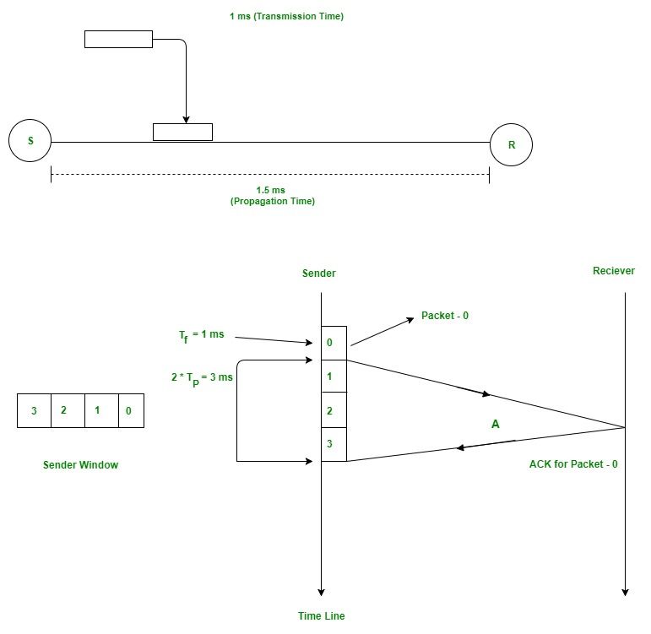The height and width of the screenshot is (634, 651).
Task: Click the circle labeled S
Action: pyautogui.click(x=30, y=141)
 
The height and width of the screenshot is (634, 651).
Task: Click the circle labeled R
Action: pyautogui.click(x=511, y=145)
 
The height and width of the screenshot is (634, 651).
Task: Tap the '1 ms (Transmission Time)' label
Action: pyautogui.click(x=286, y=16)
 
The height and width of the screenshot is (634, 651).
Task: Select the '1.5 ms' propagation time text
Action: pyautogui.click(x=272, y=191)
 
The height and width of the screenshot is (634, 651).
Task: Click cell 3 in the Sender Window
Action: pyautogui.click(x=34, y=411)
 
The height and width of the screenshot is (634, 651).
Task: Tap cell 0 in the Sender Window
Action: pyautogui.click(x=131, y=411)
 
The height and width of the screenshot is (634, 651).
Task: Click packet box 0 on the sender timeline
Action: pyautogui.click(x=334, y=344)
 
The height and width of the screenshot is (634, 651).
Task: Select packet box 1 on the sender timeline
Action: pyautogui.click(x=334, y=377)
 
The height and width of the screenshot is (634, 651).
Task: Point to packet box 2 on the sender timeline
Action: pyautogui.click(x=334, y=410)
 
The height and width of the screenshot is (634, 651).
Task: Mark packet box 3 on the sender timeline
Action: pyautogui.click(x=334, y=444)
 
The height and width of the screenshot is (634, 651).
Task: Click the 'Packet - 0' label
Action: pyautogui.click(x=445, y=316)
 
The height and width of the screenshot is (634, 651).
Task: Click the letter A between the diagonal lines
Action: pyautogui.click(x=496, y=425)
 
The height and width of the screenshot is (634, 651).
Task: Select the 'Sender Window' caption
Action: pyautogui.click(x=80, y=464)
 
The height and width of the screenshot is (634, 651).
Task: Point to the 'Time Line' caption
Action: pyautogui.click(x=321, y=616)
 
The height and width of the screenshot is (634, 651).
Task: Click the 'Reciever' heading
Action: pyautogui.click(x=614, y=271)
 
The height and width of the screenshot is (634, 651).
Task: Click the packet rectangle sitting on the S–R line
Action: pyautogui.click(x=182, y=132)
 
